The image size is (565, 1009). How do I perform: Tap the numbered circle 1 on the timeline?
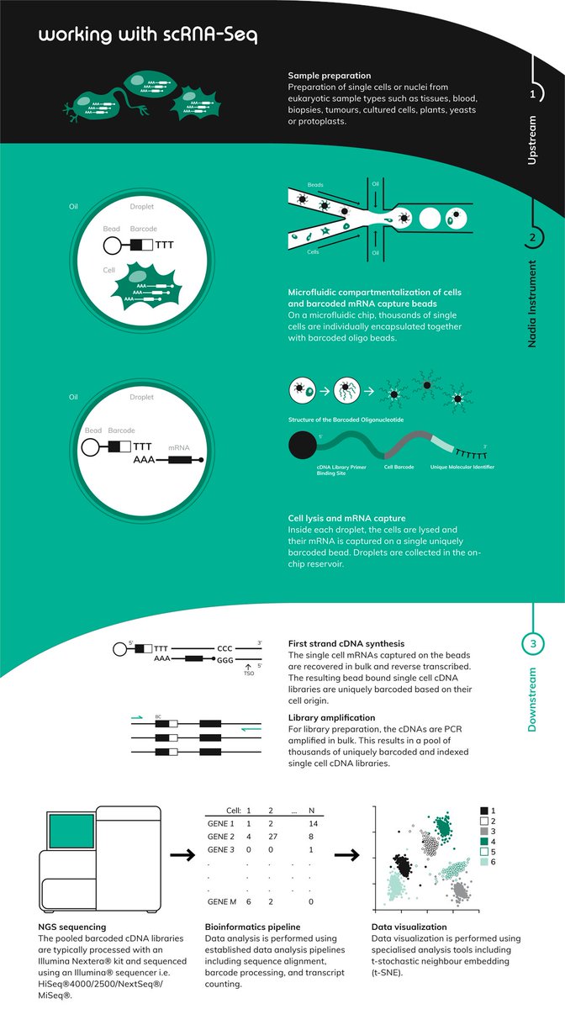(532, 94)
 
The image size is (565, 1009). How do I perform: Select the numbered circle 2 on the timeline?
(532, 238)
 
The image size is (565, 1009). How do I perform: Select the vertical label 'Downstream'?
(532, 700)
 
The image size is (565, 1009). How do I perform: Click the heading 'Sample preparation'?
(329, 76)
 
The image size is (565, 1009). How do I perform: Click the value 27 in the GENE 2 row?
(272, 838)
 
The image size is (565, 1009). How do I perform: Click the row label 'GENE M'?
(222, 901)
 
